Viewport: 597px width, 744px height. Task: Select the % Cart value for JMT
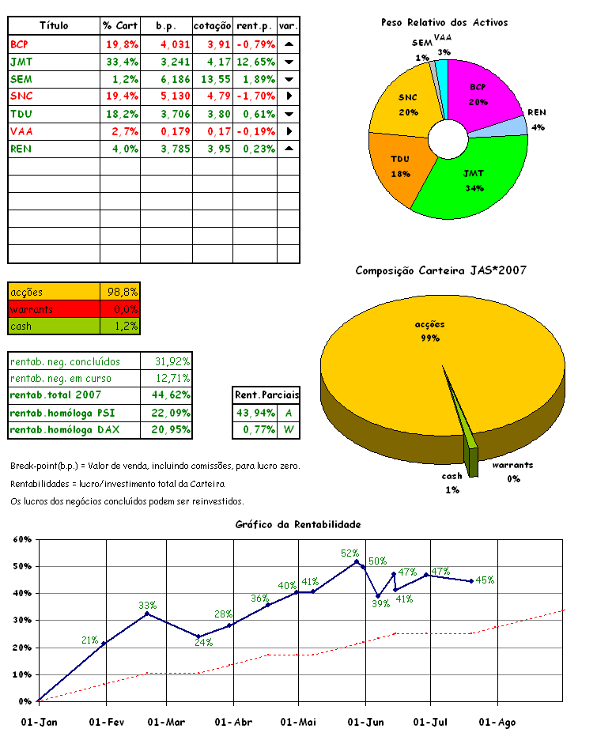[123, 61]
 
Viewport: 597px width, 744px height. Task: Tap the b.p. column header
[166, 26]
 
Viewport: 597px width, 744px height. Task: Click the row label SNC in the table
[22, 96]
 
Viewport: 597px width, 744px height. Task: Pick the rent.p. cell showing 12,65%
[255, 61]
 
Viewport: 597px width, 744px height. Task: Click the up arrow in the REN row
[289, 148]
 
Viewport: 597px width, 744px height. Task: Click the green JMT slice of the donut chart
[474, 178]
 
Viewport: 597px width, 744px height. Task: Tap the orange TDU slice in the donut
[402, 166]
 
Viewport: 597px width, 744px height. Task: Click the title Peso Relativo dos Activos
[444, 23]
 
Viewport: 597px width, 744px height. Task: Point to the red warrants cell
[54, 308]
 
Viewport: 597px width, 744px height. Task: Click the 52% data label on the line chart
[350, 553]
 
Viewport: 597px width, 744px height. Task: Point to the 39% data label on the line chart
[381, 604]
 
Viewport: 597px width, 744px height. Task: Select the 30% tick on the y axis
[21, 621]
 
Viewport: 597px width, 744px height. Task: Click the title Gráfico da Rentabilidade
[298, 524]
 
